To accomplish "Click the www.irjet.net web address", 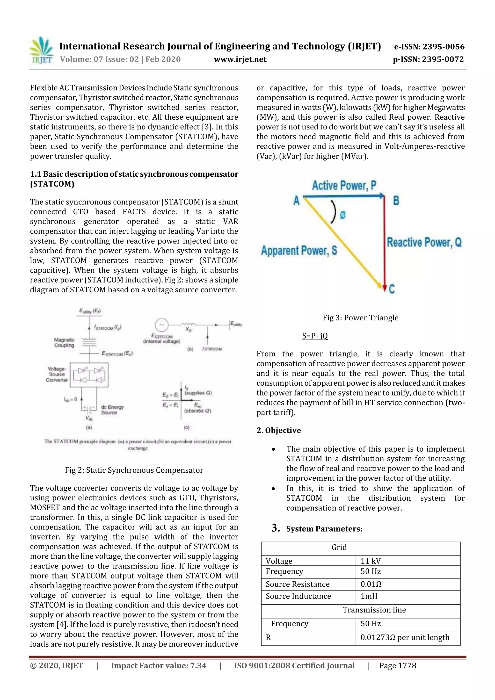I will (x=240, y=59).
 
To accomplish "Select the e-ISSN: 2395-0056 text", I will (x=429, y=47).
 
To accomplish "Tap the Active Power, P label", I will (x=344, y=185).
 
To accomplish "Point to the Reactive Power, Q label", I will (x=424, y=242).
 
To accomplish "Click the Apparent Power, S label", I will (x=299, y=251).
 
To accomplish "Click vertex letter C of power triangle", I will (x=392, y=289).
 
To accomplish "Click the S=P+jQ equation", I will (x=315, y=336).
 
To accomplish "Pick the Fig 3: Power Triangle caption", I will (x=361, y=318).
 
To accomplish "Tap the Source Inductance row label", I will (x=298, y=596).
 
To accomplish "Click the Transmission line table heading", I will (x=374, y=610).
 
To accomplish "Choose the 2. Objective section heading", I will (x=278, y=430).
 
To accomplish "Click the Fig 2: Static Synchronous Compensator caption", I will (x=134, y=470).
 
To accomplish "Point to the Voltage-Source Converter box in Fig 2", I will (x=89, y=375).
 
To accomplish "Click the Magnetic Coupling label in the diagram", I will (x=64, y=342).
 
